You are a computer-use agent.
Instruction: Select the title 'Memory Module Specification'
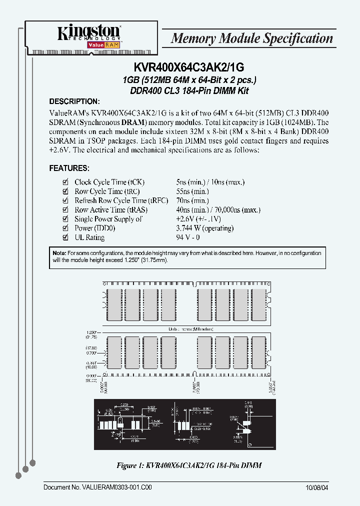[x=251, y=38]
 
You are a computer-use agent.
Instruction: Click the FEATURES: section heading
[x=69, y=168]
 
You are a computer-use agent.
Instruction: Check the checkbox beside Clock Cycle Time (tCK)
[x=64, y=182]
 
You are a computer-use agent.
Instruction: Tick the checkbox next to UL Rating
[x=64, y=237]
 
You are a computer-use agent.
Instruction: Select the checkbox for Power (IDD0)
[x=64, y=228]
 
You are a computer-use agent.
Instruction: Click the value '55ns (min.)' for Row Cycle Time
[x=192, y=191]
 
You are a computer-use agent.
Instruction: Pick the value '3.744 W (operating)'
[x=204, y=228]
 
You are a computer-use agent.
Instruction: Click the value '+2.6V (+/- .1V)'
[x=198, y=219]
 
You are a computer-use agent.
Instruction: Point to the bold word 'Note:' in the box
[x=59, y=253]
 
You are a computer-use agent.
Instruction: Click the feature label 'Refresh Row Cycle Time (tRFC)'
[x=110, y=201]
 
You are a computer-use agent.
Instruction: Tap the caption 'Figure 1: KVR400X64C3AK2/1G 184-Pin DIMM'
[x=189, y=465]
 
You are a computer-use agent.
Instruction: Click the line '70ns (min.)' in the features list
[x=192, y=201]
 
